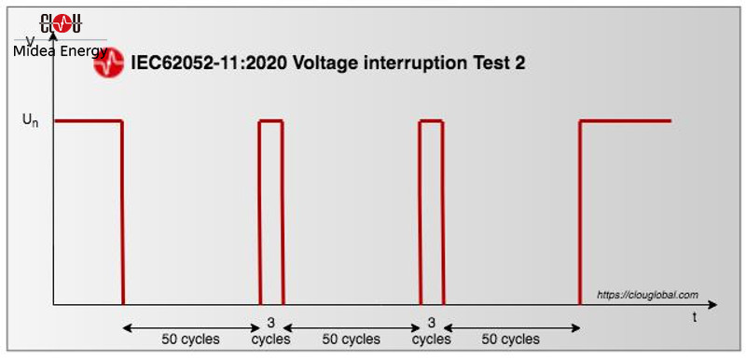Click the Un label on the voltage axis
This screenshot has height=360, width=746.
click(30, 120)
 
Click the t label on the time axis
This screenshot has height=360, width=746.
click(694, 318)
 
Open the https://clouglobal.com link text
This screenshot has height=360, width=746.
click(647, 295)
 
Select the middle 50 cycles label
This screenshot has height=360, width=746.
click(352, 339)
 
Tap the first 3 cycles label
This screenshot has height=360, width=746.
click(270, 331)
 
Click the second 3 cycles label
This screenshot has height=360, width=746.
click(431, 331)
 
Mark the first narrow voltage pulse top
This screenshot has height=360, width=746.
click(271, 121)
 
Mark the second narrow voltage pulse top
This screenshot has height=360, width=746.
click(432, 121)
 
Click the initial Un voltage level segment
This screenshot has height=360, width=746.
click(89, 121)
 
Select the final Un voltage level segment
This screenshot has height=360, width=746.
click(626, 121)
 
